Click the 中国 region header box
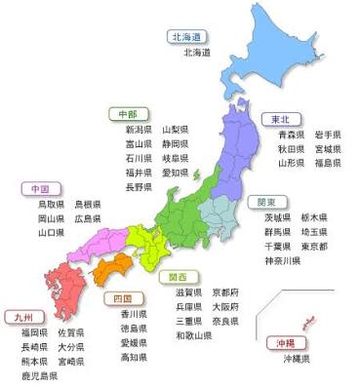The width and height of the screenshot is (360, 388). pos(41,188)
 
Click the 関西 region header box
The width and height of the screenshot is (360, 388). pos(180,276)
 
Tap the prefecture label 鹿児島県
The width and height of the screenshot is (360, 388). pos(40,375)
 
